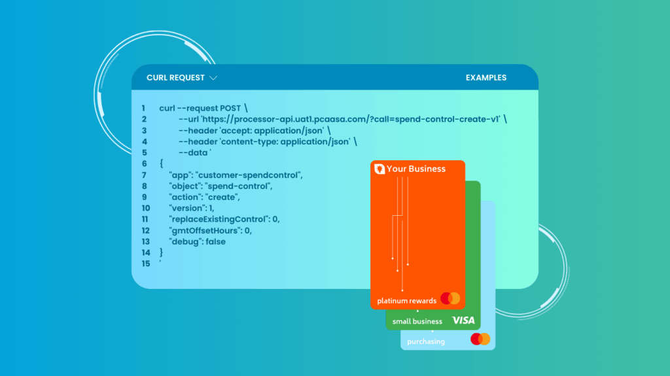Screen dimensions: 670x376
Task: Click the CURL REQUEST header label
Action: [x=175, y=78]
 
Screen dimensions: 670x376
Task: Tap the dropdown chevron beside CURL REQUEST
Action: [x=213, y=78]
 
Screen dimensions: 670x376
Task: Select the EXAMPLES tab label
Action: [x=486, y=78]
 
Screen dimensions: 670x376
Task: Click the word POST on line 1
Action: [x=230, y=109]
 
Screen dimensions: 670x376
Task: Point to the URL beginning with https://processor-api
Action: [x=351, y=120]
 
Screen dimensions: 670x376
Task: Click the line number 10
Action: [x=146, y=209]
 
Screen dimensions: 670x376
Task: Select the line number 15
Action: [x=146, y=264]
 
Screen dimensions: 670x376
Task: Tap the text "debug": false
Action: [x=198, y=242]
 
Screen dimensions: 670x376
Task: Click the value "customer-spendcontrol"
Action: [x=249, y=175]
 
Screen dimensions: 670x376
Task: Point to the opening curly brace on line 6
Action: [x=162, y=163]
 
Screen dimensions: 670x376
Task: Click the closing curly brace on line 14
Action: [x=161, y=252]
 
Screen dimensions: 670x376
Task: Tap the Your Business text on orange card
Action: [x=415, y=169]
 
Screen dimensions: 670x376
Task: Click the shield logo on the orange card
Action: [x=379, y=169]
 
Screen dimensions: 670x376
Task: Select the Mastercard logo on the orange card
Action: [x=450, y=298]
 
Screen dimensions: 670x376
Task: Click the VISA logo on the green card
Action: [x=464, y=320]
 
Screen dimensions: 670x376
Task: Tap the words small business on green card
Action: [x=417, y=321]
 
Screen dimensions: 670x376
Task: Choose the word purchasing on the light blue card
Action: [x=425, y=342]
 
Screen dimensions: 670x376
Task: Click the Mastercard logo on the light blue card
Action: [x=480, y=339]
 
